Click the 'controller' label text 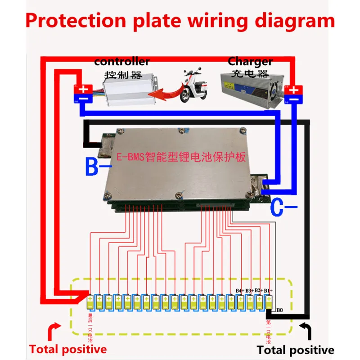[121, 61]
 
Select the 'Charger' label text [250, 61]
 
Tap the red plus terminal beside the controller [84, 88]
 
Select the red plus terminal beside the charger [294, 88]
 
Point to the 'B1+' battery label [268, 290]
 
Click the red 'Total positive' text [68, 349]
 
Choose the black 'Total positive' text [295, 350]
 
